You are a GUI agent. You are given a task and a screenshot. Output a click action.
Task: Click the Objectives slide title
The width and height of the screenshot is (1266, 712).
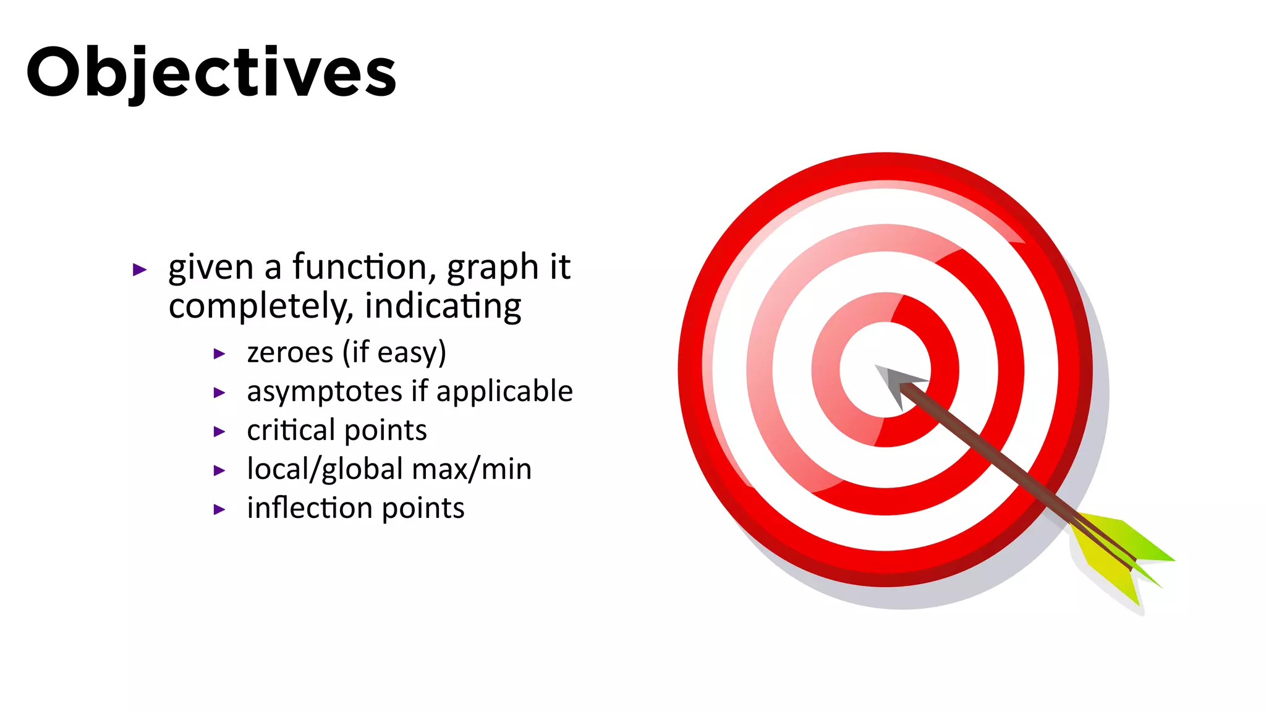click(x=211, y=72)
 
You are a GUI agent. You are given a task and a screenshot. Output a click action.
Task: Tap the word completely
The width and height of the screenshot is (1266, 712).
click(x=259, y=306)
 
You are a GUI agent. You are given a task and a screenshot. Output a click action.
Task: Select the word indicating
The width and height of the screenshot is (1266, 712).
click(x=443, y=306)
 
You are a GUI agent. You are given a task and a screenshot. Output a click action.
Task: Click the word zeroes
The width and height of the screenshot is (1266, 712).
click(x=290, y=352)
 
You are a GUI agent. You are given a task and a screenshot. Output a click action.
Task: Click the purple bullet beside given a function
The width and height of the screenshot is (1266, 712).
click(x=140, y=269)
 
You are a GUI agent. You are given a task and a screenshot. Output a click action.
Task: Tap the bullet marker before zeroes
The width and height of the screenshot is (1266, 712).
click(x=219, y=354)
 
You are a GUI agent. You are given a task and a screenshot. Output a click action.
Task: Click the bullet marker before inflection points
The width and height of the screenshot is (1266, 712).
click(x=219, y=510)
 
